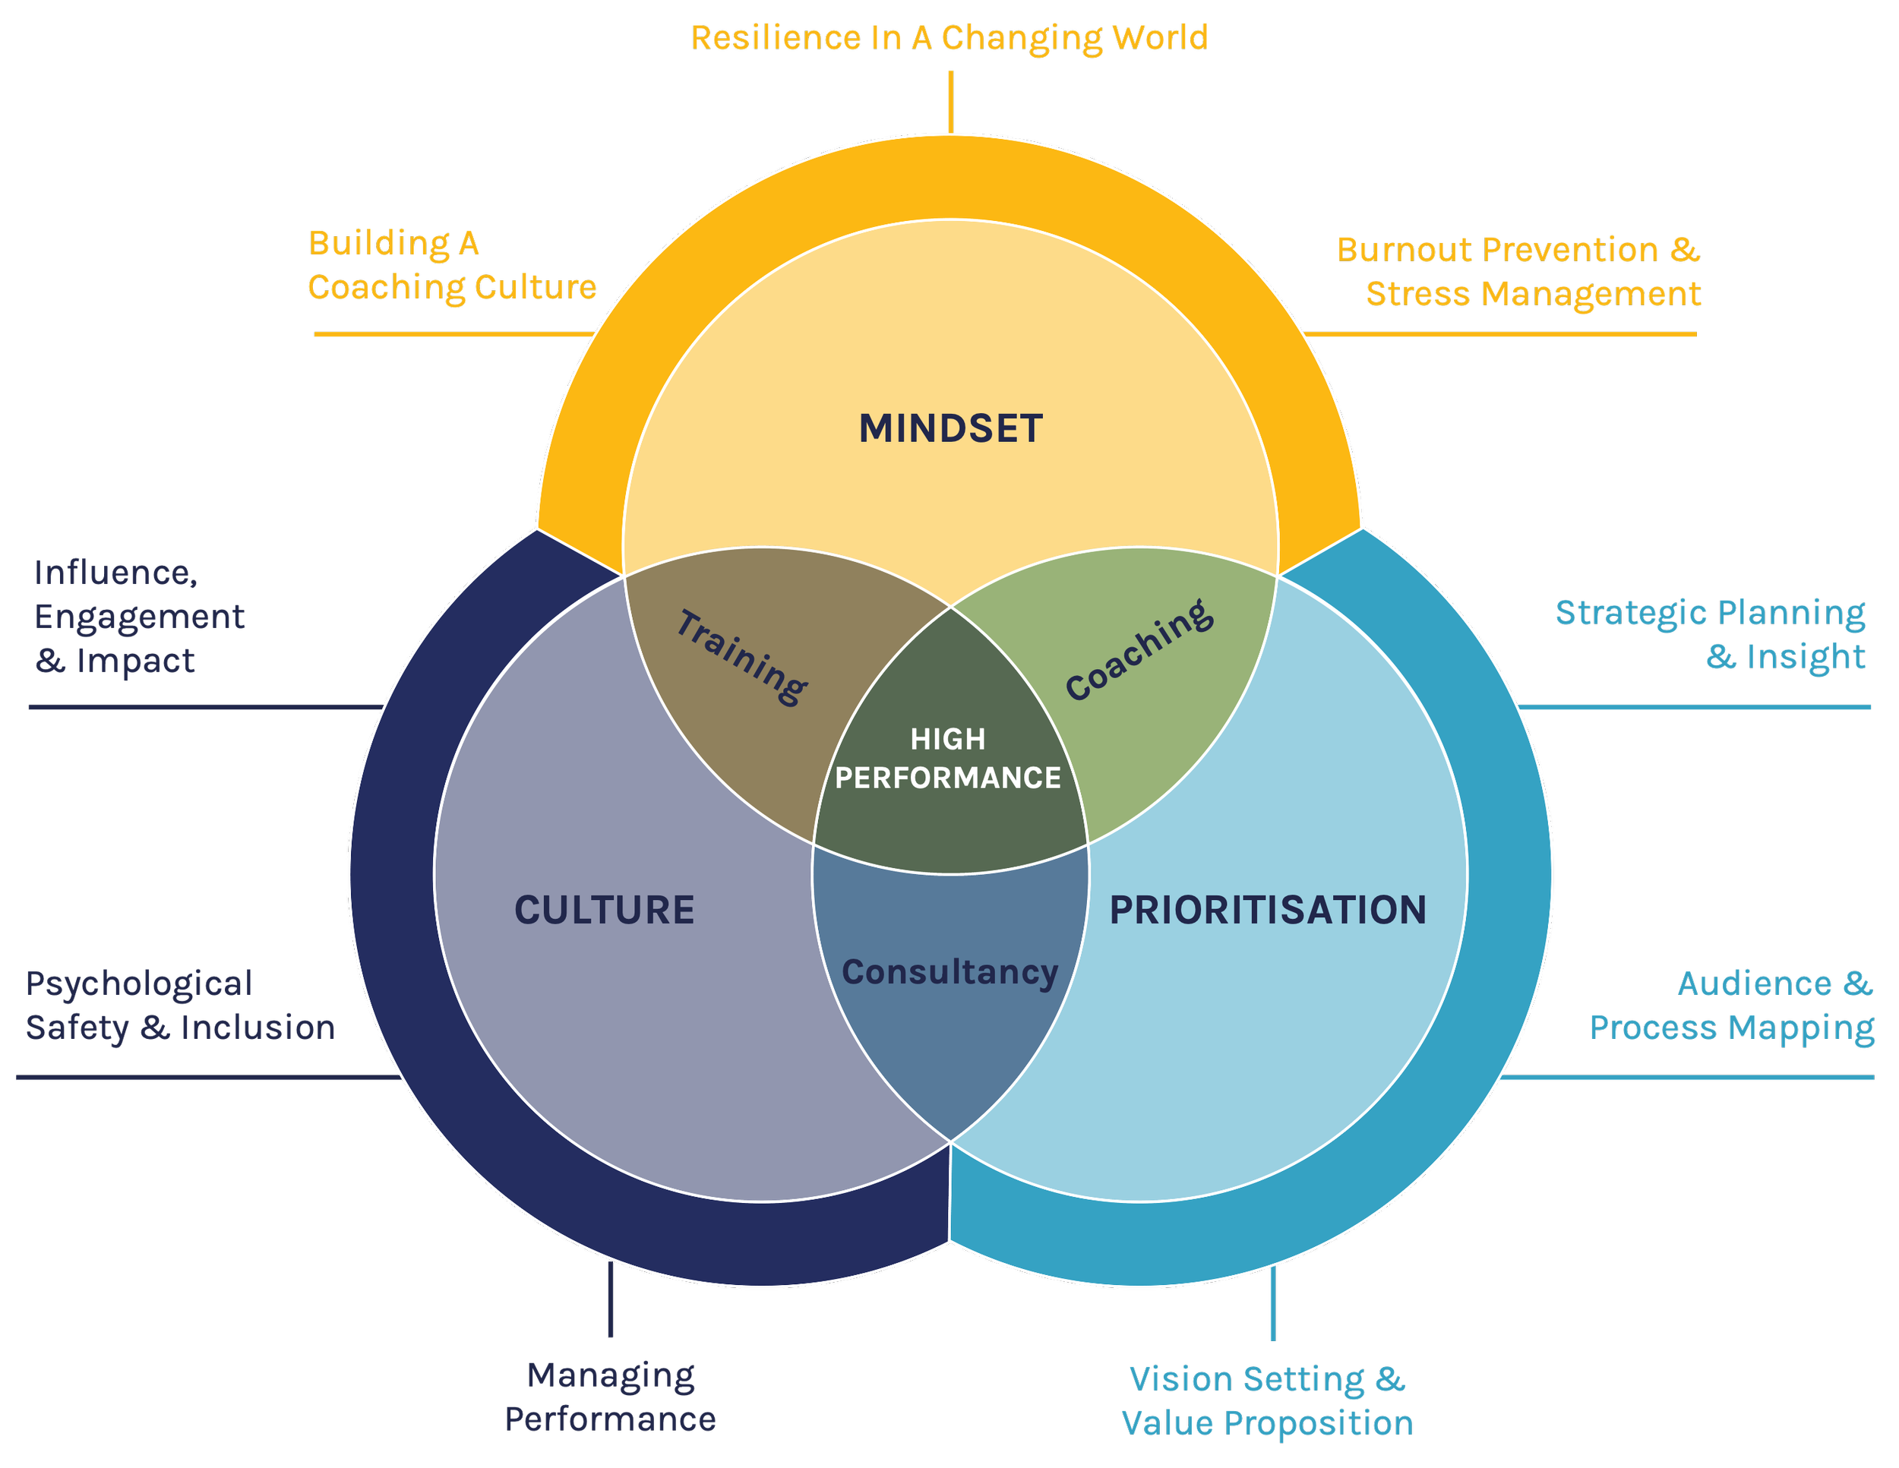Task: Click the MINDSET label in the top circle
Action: (x=950, y=428)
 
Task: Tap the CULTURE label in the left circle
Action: (x=605, y=910)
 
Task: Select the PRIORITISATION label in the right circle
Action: (x=1268, y=910)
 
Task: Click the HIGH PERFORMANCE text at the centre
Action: (x=948, y=758)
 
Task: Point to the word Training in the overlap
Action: (x=741, y=657)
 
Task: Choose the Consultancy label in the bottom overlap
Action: (x=950, y=972)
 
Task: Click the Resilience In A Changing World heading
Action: (x=947, y=38)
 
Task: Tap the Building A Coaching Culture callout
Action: (x=452, y=266)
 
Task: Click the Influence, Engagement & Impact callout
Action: (x=139, y=616)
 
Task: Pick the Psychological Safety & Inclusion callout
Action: (x=179, y=1006)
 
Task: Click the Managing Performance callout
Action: (x=611, y=1397)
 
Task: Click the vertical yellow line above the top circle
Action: (x=950, y=102)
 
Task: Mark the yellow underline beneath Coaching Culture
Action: (x=452, y=333)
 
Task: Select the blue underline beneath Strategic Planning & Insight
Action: (x=1695, y=709)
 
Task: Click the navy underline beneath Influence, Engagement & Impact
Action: (x=204, y=708)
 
